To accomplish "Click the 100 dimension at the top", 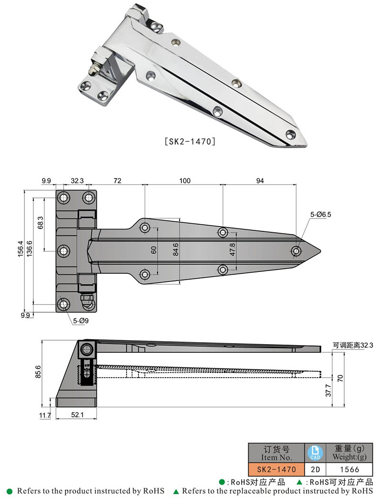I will click(185, 181).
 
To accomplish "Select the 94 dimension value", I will click(260, 181).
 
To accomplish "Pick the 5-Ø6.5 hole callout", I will click(320, 215).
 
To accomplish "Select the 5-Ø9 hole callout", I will click(80, 321).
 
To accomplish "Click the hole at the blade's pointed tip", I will click(297, 251).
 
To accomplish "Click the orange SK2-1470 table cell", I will click(276, 469).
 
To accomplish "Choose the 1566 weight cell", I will click(350, 469).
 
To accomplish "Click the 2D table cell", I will click(314, 469).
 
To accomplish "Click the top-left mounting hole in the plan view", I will click(64, 197).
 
